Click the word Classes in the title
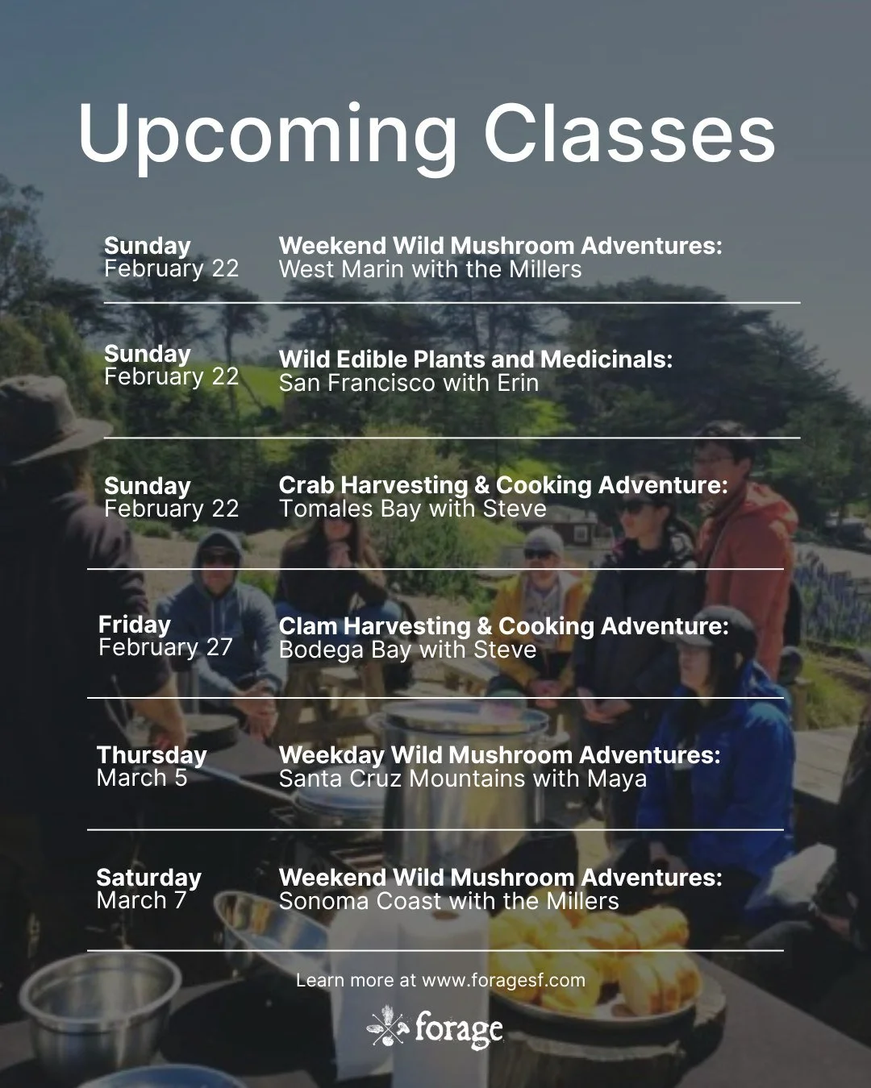629,133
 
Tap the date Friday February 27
165,636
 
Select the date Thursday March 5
152,766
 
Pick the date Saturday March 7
148,889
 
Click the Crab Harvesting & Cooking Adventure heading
503,485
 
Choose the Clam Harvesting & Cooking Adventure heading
503,626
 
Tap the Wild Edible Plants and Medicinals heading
475,359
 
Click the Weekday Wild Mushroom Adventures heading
499,755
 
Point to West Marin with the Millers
430,269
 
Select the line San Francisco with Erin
408,383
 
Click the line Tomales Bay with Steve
412,509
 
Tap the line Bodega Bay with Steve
407,650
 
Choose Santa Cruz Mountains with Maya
462,779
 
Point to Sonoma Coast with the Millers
448,901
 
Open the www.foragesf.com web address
503,981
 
